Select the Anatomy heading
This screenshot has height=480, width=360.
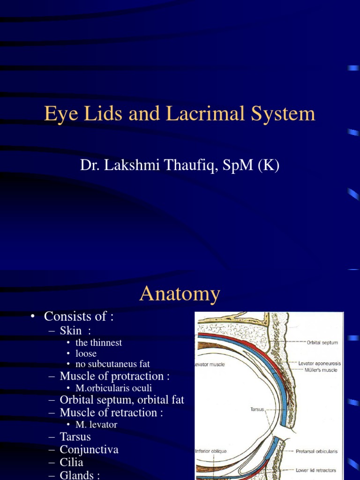coord(180,294)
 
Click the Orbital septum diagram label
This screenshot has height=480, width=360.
coord(322,343)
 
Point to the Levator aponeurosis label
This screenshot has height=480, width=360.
coord(319,363)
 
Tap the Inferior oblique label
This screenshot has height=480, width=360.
coord(211,451)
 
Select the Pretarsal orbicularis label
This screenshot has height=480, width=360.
coord(316,451)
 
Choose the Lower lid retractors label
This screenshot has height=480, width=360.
coord(316,470)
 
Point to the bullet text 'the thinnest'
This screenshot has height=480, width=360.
coord(98,343)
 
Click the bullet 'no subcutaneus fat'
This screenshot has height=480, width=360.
coord(112,364)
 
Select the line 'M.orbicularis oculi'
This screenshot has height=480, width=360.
coord(113,388)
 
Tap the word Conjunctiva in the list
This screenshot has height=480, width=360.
coord(89,450)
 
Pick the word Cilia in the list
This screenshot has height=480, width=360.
coord(71,463)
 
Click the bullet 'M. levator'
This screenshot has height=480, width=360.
coord(96,425)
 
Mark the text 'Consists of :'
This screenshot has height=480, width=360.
coord(79,317)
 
